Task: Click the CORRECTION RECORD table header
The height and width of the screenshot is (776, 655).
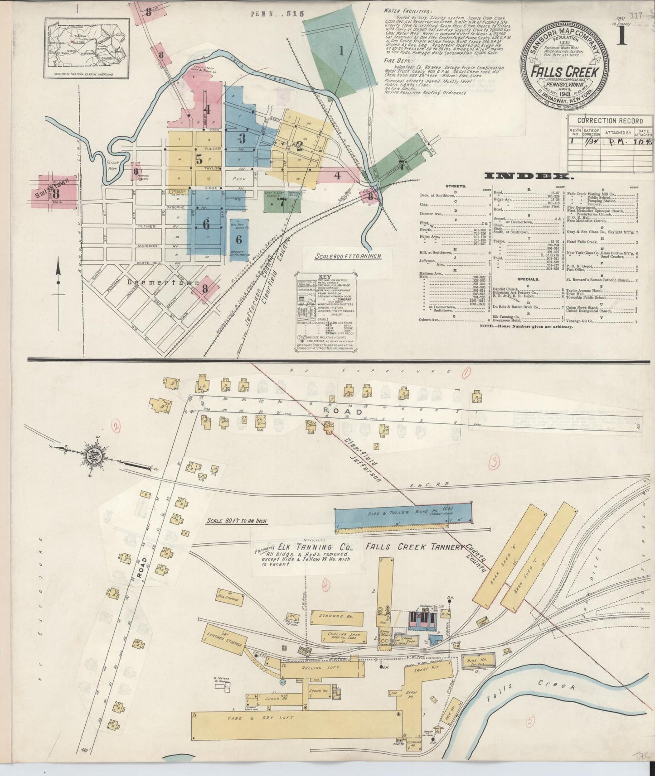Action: tap(610, 121)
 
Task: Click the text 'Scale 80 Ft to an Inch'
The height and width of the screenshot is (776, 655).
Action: tap(237, 521)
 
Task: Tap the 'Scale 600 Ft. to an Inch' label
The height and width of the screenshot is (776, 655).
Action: tap(348, 256)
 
